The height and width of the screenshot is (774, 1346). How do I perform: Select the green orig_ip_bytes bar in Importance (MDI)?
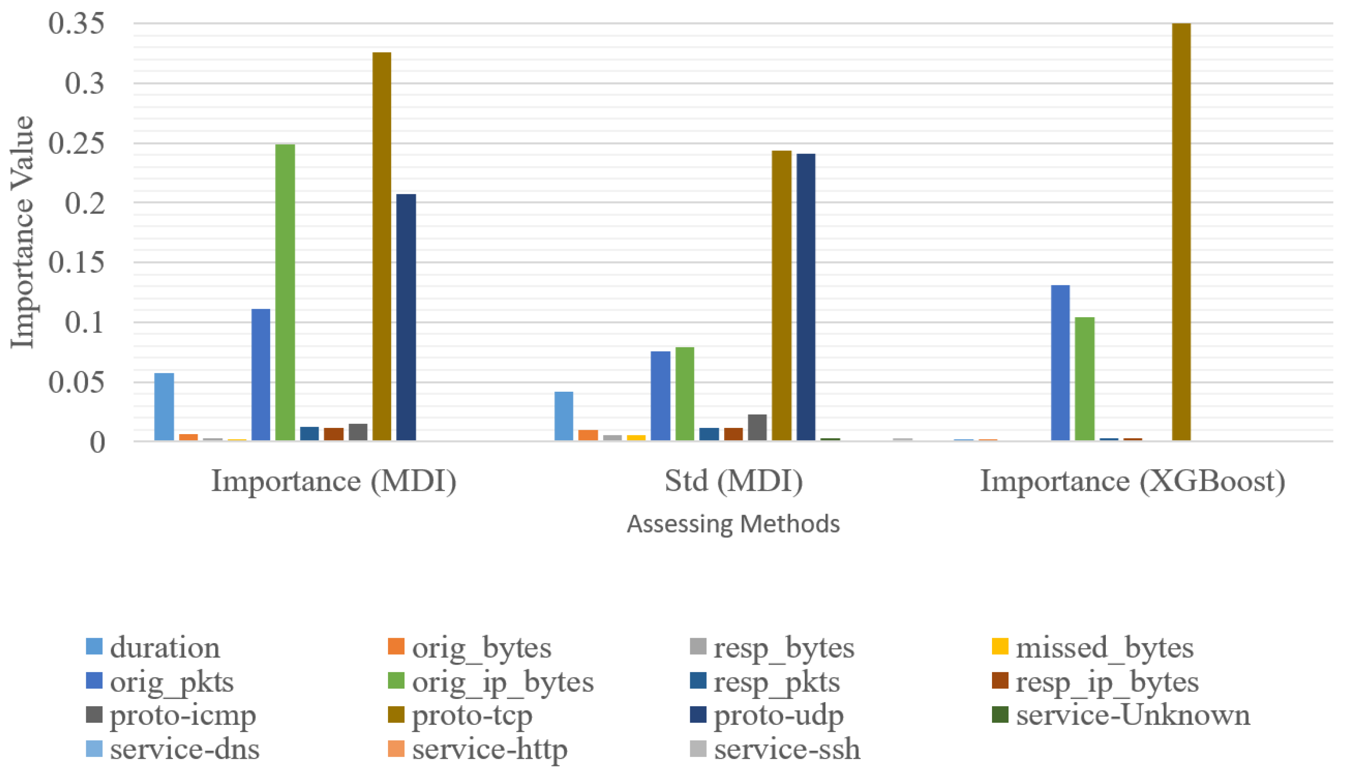tap(285, 293)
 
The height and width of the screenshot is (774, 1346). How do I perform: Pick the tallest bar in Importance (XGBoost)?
tap(1181, 232)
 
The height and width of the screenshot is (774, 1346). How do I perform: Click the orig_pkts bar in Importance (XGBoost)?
tap(1060, 363)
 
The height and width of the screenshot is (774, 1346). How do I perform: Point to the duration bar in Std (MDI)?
tap(564, 416)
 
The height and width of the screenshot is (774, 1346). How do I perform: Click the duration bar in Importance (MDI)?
tap(164, 407)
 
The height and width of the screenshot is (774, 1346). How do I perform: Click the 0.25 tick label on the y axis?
tap(76, 143)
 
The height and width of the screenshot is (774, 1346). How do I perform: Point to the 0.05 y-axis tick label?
tap(76, 382)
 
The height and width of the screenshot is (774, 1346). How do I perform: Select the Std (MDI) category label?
tap(733, 481)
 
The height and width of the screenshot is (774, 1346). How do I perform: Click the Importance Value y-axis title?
tap(22, 232)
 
